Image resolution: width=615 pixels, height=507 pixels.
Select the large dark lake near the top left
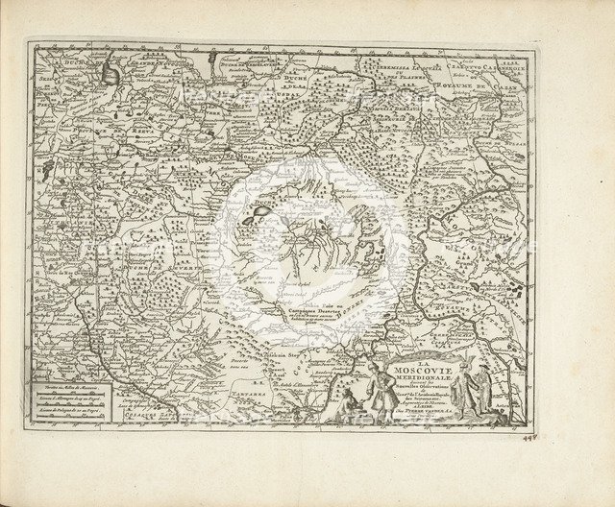pyautogui.click(x=112, y=71)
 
